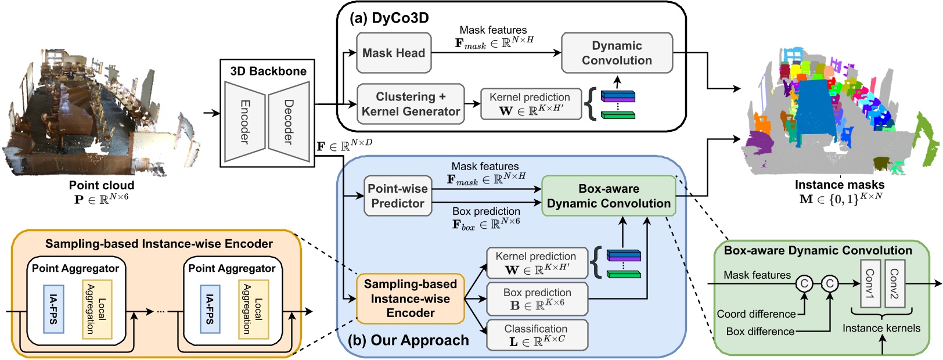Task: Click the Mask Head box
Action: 394,53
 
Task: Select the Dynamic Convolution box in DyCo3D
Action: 617,53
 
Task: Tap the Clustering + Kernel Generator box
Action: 411,104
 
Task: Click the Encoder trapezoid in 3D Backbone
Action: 244,121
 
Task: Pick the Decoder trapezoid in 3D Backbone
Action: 289,121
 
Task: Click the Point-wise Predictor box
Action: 398,196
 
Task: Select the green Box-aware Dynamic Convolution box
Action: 609,196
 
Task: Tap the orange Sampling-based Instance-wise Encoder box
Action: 411,298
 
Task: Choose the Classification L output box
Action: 535,336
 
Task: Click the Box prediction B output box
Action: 537,299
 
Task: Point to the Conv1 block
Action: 870,283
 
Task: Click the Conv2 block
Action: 894,283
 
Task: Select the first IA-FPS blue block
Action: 53,309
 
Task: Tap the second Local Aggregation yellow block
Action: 253,309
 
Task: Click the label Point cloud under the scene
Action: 102,185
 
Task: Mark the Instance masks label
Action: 840,185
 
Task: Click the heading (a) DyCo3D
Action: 389,17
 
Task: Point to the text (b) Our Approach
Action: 408,340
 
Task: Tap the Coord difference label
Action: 756,314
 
